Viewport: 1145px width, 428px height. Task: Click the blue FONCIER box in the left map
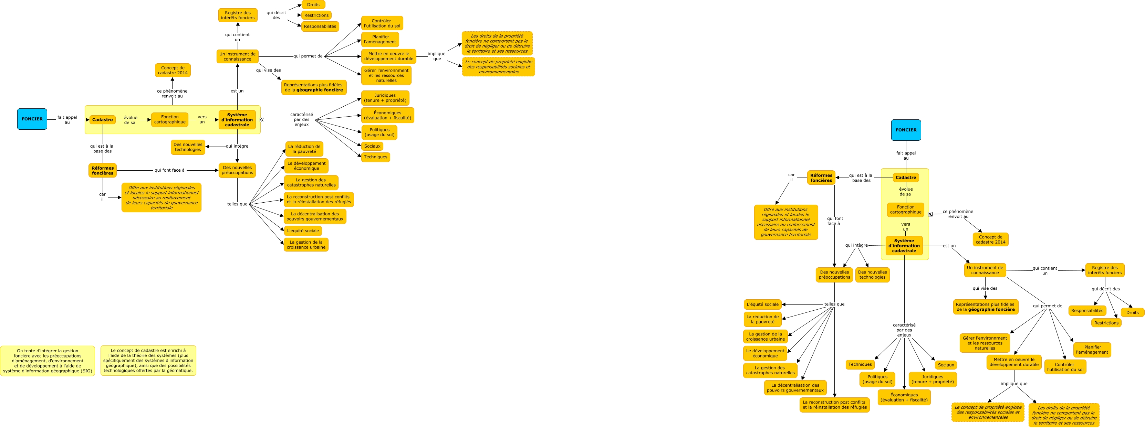(32, 119)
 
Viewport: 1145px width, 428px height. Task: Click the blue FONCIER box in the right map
(906, 130)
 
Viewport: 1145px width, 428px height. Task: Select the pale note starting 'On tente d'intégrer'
(48, 361)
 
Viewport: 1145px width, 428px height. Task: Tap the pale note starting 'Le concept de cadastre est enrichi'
(148, 360)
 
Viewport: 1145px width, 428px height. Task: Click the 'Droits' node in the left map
(313, 5)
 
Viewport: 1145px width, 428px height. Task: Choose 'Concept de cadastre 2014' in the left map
(173, 70)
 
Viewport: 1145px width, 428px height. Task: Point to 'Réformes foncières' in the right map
(821, 178)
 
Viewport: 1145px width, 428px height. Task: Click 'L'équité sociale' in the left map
(303, 231)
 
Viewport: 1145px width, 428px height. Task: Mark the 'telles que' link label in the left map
(237, 204)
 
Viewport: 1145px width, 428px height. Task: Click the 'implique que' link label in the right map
(1014, 384)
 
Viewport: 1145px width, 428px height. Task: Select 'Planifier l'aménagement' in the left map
(380, 40)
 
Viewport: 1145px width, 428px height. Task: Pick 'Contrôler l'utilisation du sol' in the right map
(1065, 367)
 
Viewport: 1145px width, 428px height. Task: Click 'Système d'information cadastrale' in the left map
(237, 120)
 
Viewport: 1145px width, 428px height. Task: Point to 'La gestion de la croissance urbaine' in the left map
(306, 245)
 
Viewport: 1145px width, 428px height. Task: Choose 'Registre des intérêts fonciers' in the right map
(1105, 270)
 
